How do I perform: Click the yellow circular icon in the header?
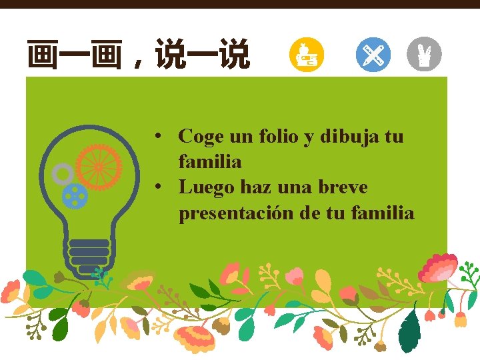point(307,55)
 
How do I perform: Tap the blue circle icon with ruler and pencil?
point(373,55)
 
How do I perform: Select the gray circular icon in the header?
point(424,55)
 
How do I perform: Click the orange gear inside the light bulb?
point(99,165)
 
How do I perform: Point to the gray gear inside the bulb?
point(63,175)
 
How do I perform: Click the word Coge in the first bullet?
point(201,137)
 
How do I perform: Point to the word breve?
point(341,188)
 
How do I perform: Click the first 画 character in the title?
point(41,55)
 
